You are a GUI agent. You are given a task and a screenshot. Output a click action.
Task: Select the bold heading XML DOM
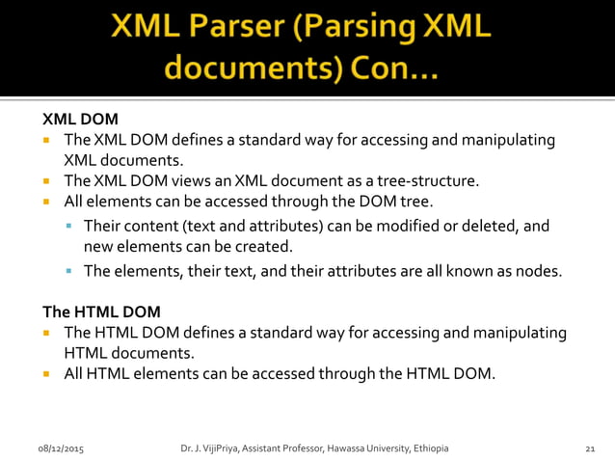click(x=80, y=121)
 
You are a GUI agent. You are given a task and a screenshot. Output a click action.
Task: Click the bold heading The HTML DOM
click(x=101, y=312)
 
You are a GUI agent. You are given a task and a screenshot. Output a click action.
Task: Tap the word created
click(x=260, y=247)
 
